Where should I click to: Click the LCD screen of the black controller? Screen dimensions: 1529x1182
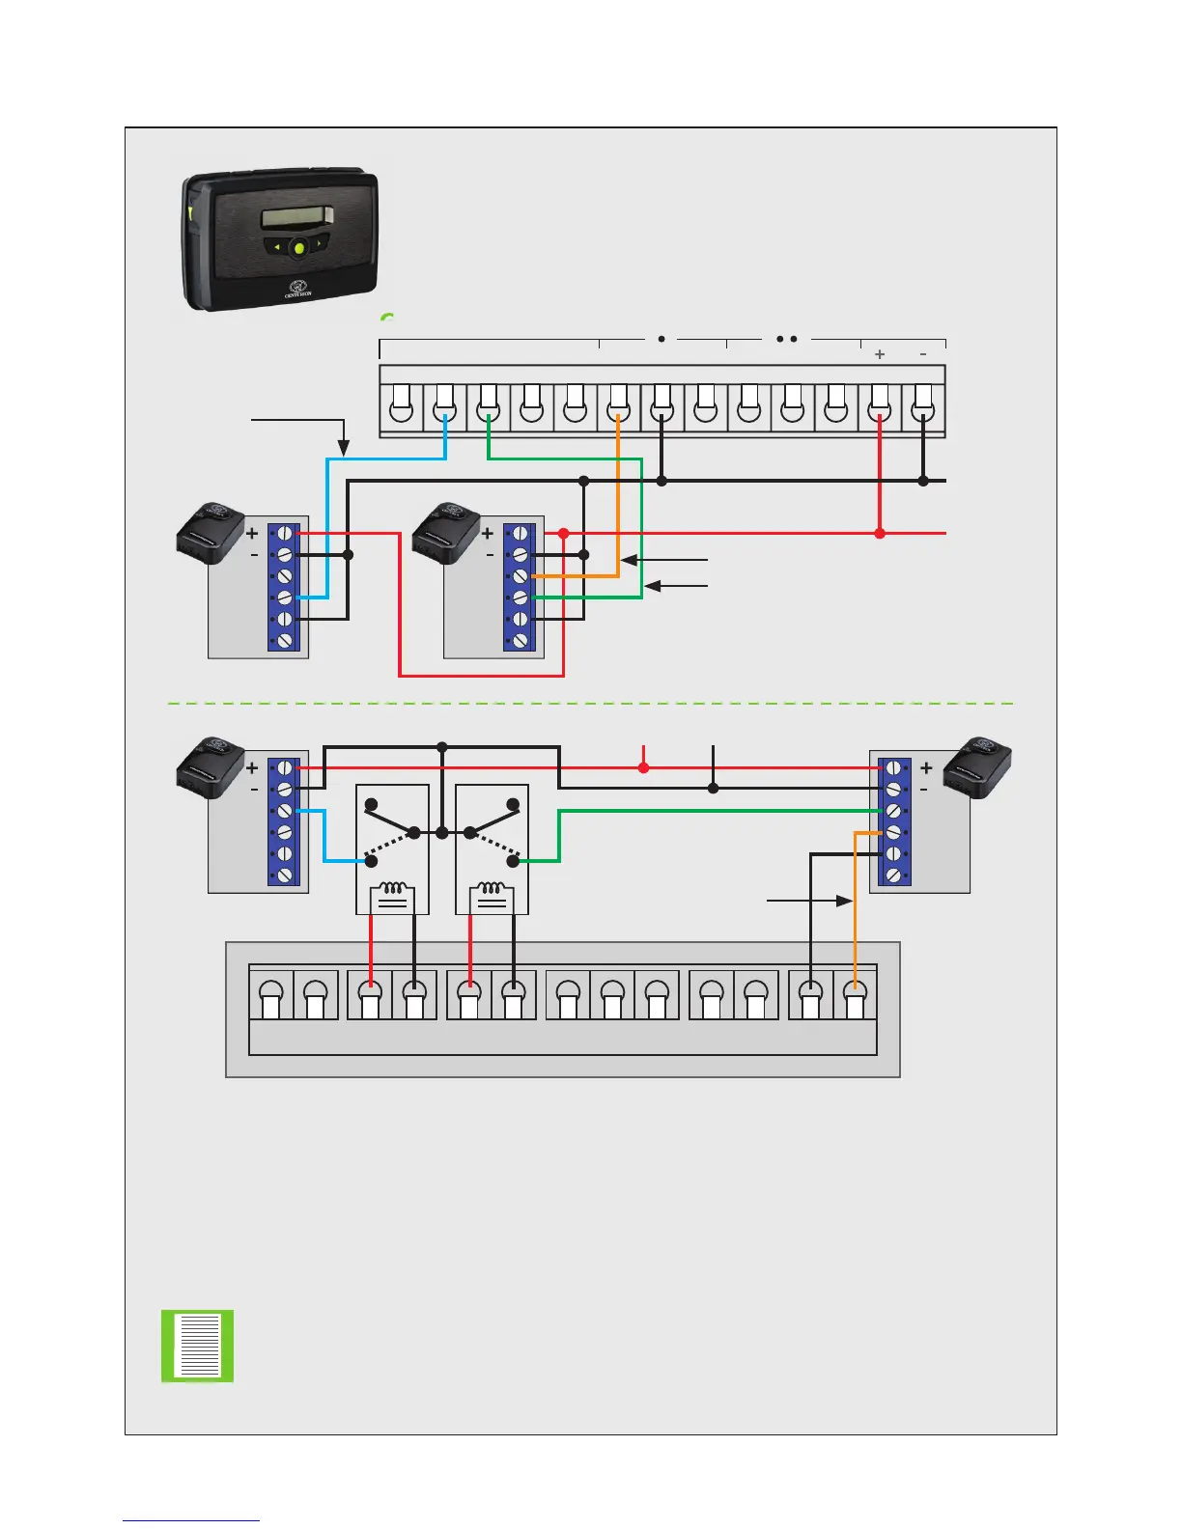(297, 217)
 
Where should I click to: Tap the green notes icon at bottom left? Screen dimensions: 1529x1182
(197, 1345)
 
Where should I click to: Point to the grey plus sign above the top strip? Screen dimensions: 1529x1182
(880, 354)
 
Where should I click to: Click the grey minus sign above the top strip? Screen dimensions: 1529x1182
(923, 354)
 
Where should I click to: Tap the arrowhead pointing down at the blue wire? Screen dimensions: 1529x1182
(343, 448)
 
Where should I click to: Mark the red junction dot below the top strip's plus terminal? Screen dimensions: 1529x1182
(880, 533)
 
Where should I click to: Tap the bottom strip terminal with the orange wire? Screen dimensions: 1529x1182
(855, 993)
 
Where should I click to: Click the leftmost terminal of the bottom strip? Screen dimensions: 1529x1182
(271, 993)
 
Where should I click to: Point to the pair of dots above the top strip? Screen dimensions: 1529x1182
(786, 340)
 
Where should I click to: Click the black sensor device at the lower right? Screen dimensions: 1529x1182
(977, 766)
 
